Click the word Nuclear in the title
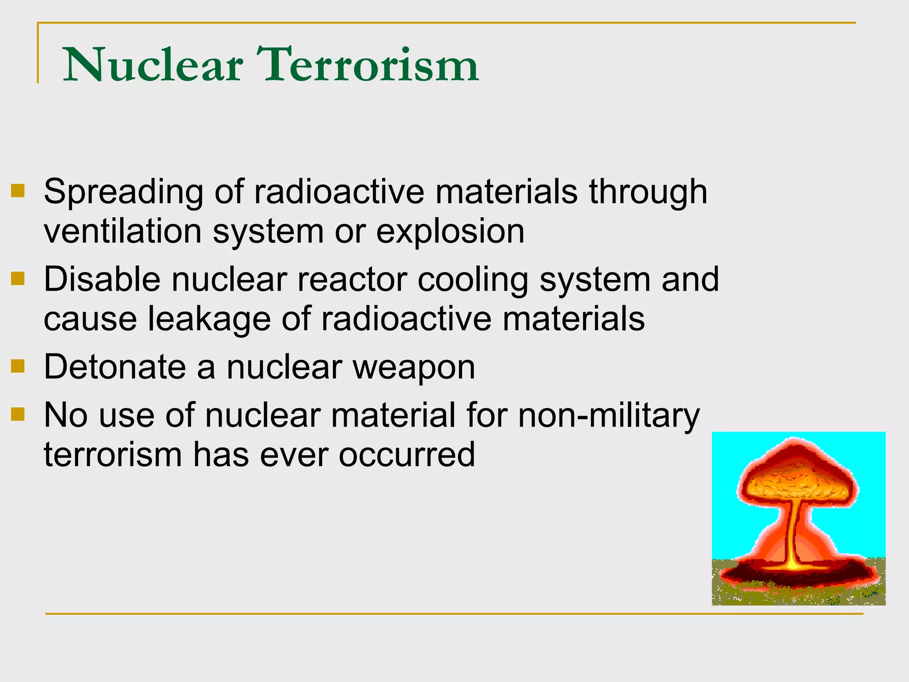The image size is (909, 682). [153, 66]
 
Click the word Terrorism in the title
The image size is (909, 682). [371, 66]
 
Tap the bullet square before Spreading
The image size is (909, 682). [18, 191]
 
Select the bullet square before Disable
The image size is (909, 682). [18, 279]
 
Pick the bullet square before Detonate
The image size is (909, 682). [18, 366]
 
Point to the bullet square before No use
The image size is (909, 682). [18, 414]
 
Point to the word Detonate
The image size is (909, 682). [115, 368]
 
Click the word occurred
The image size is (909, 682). [407, 455]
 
